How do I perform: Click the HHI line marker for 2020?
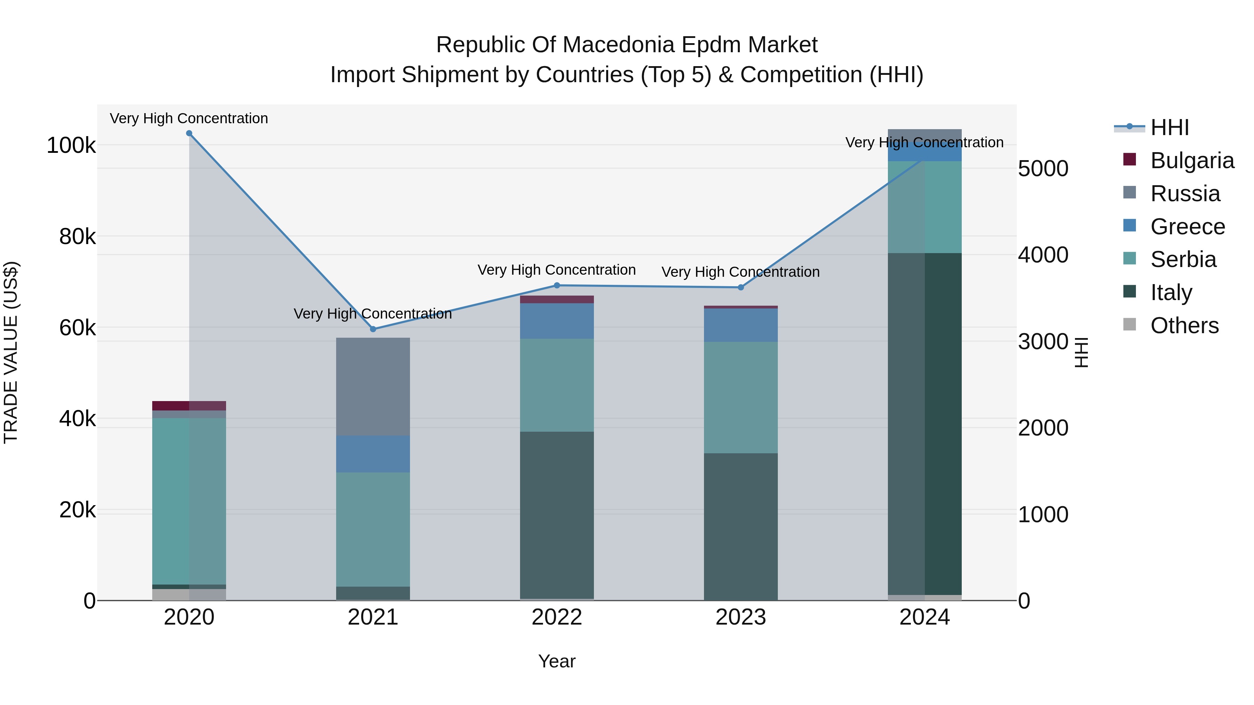(x=189, y=133)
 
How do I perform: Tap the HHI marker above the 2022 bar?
(x=557, y=285)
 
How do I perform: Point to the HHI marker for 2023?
(x=741, y=288)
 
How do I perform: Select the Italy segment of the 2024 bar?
(x=924, y=423)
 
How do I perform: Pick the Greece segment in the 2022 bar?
(x=557, y=321)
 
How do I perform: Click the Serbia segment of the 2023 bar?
(x=741, y=398)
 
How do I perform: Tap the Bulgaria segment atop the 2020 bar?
(x=189, y=406)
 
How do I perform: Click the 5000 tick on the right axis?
(x=1043, y=169)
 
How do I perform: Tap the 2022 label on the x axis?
(x=557, y=617)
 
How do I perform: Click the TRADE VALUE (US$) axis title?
(x=11, y=352)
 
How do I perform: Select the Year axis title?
(x=557, y=661)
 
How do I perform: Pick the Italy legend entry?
(x=1171, y=292)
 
